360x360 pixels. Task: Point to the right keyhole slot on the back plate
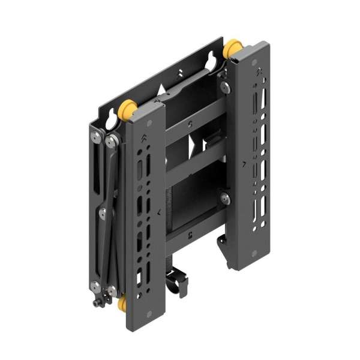pyautogui.click(x=212, y=61)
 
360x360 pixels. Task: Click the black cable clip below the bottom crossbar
pyautogui.click(x=178, y=283)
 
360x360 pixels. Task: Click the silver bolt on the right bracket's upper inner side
pyautogui.click(x=225, y=88)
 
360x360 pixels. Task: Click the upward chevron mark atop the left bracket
pyautogui.click(x=143, y=139)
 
